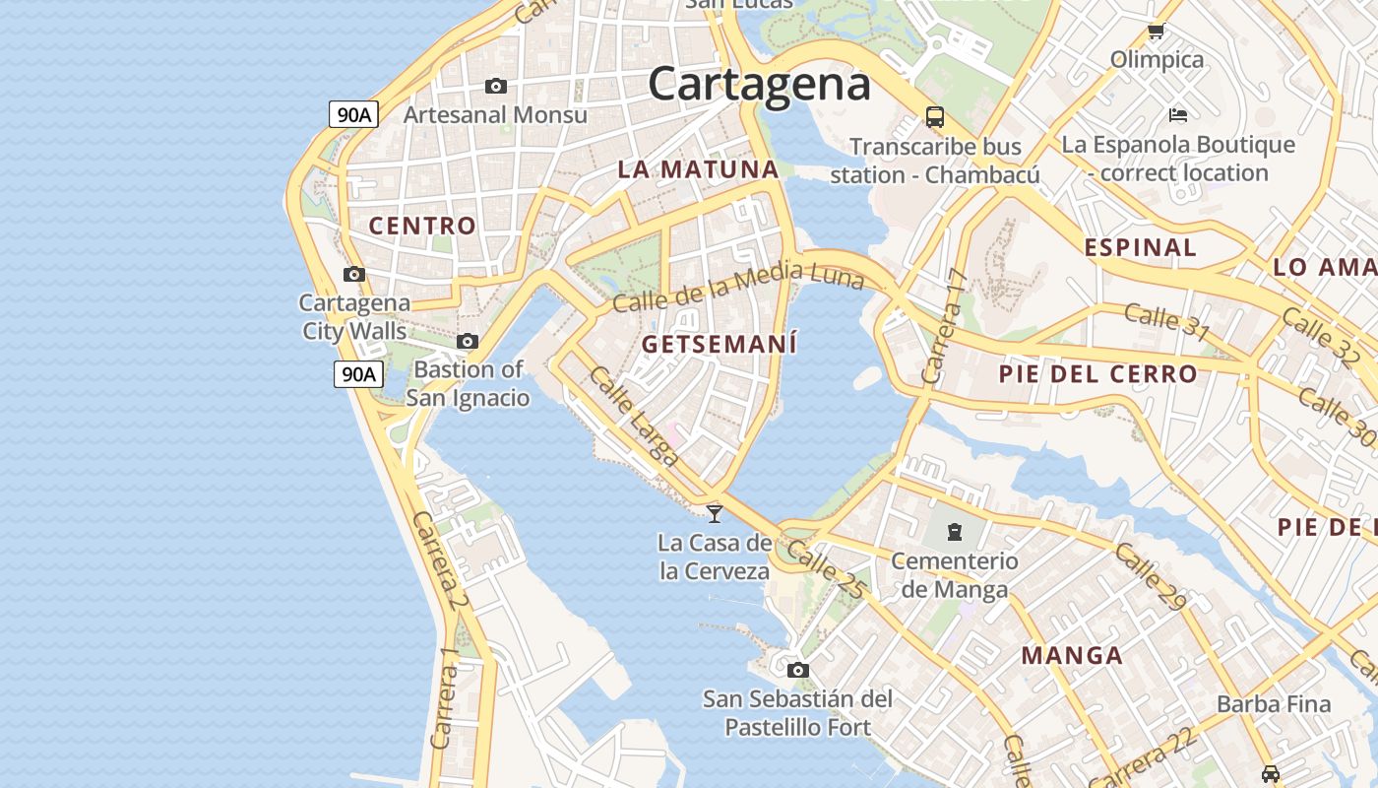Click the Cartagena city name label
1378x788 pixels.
tap(759, 84)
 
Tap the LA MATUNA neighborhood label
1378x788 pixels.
tap(698, 168)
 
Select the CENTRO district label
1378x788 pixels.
tap(422, 226)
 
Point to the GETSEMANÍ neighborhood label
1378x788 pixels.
tap(719, 345)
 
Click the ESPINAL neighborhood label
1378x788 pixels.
tap(1140, 247)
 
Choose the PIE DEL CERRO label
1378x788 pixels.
tap(1097, 374)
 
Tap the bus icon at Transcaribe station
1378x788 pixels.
tap(935, 117)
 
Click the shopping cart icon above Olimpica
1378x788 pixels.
tap(1157, 32)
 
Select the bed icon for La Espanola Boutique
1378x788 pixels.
tap(1177, 115)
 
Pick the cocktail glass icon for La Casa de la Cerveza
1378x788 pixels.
tap(715, 513)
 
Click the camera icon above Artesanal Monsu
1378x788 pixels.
tap(496, 87)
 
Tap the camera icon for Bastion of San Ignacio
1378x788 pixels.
tap(468, 342)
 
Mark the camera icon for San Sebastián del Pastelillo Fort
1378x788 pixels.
tap(798, 671)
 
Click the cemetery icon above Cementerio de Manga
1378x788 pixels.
tap(954, 533)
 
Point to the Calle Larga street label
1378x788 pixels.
tap(634, 416)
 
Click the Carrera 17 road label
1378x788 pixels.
tap(942, 326)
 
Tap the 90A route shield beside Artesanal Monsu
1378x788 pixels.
tap(353, 114)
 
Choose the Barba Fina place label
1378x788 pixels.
tap(1274, 704)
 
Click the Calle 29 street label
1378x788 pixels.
tap(1150, 576)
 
